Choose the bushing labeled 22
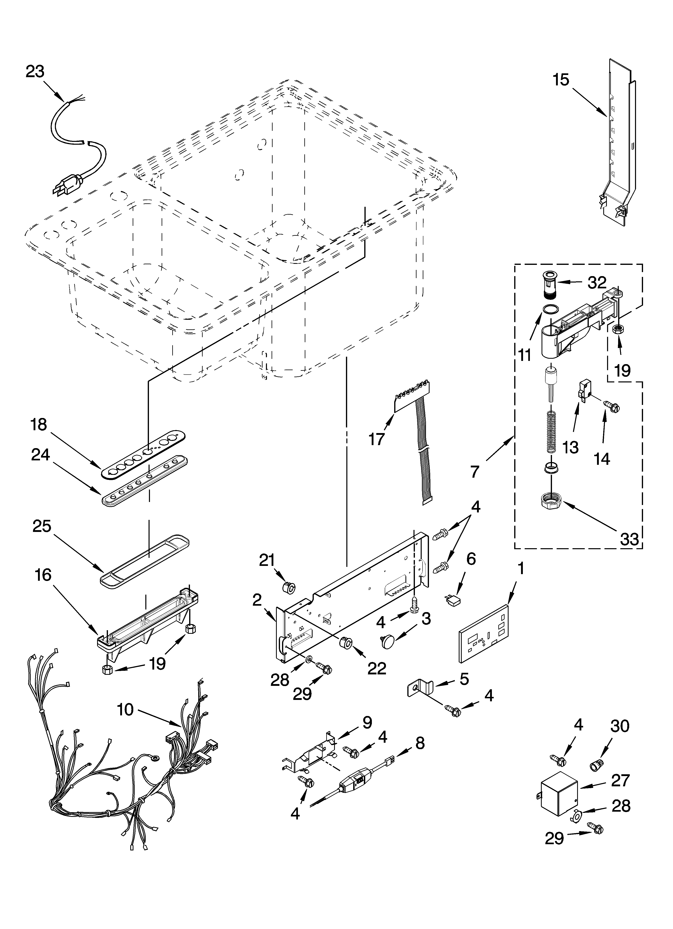(x=346, y=643)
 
